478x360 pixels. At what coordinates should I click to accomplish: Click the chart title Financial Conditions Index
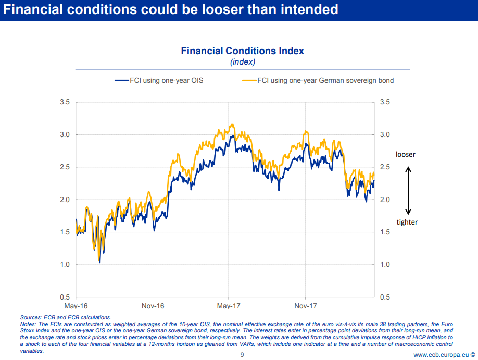tap(242, 51)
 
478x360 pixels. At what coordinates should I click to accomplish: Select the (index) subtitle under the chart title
tap(242, 62)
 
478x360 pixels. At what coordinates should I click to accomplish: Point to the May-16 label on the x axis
tap(76, 305)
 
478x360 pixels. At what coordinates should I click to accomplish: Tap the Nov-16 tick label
tap(153, 305)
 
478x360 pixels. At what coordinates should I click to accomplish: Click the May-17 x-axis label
tap(229, 305)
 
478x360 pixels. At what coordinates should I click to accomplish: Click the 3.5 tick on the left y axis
tap(64, 102)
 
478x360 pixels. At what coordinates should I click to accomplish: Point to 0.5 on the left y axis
tap(64, 297)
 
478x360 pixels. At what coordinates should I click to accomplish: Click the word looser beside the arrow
tap(406, 155)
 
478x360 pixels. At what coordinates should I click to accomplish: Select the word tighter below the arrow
tap(407, 222)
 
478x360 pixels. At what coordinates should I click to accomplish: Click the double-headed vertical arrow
tap(408, 191)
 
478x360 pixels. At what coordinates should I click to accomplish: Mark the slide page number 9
tap(242, 355)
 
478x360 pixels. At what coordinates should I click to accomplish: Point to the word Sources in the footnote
tap(31, 317)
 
